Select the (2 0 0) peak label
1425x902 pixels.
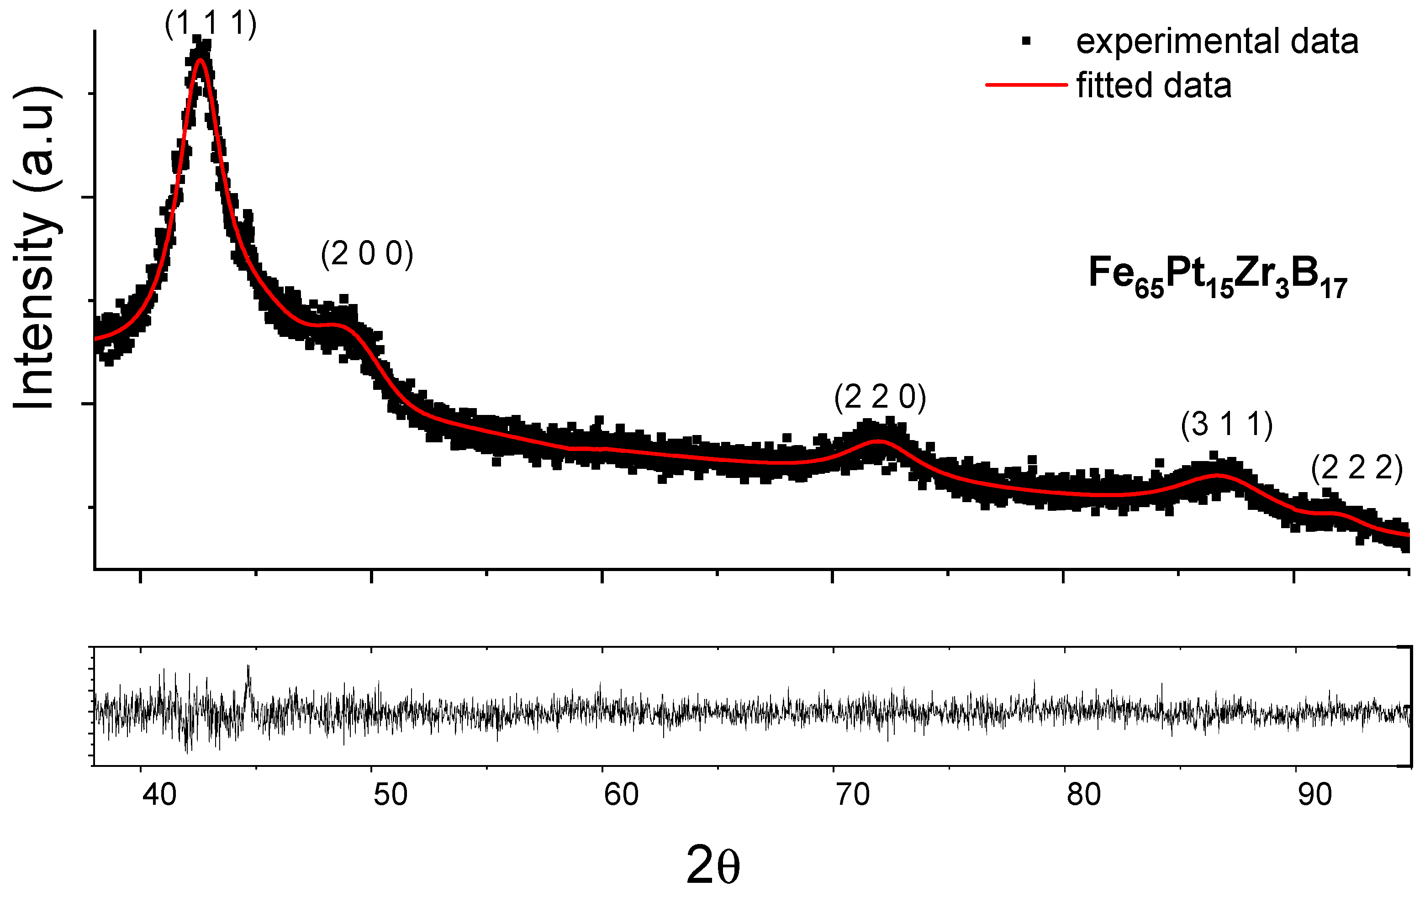pos(367,254)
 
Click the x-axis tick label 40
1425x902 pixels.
pos(159,795)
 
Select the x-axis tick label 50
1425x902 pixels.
pos(390,795)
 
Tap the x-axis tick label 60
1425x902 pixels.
pos(621,795)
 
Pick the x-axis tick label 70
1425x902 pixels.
pos(852,795)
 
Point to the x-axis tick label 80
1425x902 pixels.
pos(1083,795)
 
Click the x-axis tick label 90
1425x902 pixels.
pos(1314,795)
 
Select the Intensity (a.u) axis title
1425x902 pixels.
pos(36,248)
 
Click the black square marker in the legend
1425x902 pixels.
pos(1026,41)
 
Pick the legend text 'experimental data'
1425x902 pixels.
pos(1217,42)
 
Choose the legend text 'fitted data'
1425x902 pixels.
pos(1154,85)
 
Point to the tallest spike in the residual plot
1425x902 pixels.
pos(248,666)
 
